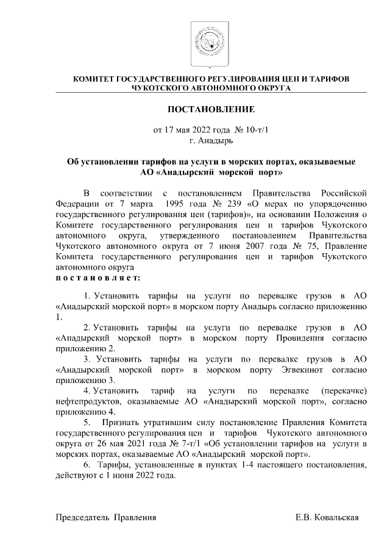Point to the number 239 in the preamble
click(236, 204)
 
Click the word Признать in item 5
click(121, 423)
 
